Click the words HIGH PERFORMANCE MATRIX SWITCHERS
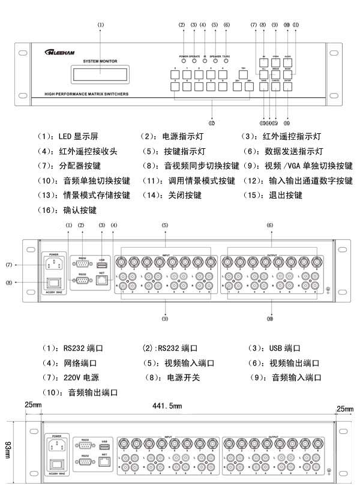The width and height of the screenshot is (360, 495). point(86,94)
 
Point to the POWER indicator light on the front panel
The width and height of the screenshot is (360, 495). point(184,61)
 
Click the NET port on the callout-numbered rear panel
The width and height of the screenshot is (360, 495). point(103,279)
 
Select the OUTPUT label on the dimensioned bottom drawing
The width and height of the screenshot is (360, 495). point(274,437)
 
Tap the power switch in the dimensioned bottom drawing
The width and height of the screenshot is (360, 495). point(57,465)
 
